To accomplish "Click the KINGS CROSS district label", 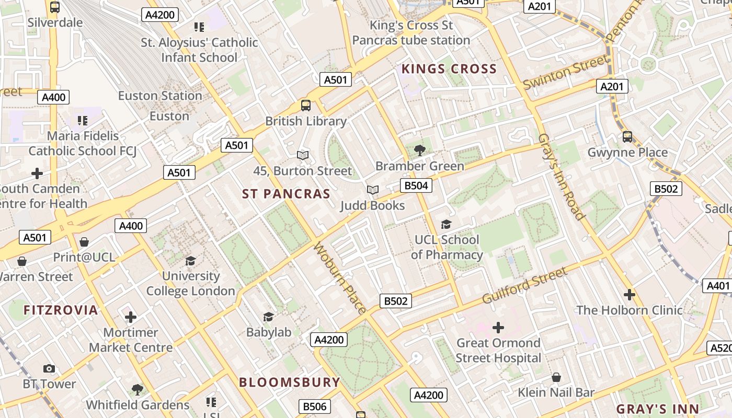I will pos(449,69).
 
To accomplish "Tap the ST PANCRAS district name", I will pos(286,194).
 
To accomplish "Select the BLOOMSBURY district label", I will pos(290,382).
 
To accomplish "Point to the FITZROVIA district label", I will pos(61,310).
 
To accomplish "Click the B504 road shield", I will pos(416,185).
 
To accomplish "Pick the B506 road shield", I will pos(315,407).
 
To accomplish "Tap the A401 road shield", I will pos(717,286).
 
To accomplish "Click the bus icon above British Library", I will pos(306,106).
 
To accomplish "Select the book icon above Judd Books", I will pos(372,190).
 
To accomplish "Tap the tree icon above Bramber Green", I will pos(419,151).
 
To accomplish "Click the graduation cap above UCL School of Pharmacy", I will pos(446,225).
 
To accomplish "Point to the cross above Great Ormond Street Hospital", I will pos(498,328).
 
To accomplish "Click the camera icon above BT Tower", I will pos(49,369).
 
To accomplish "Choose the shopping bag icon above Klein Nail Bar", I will pos(556,377).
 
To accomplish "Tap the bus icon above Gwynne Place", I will pos(627,137).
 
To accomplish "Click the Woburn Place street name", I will pos(339,278).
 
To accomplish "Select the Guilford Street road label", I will pos(524,285).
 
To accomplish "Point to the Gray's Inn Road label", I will pos(561,177).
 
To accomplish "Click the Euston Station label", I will pos(160,96).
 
